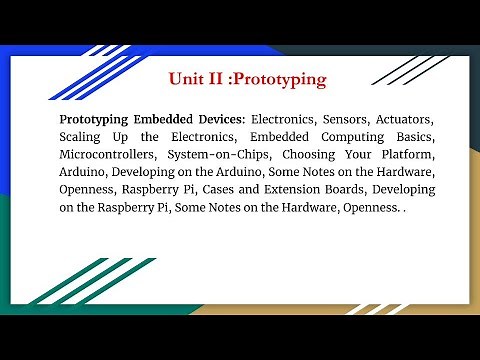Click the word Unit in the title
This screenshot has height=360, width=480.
click(188, 78)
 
